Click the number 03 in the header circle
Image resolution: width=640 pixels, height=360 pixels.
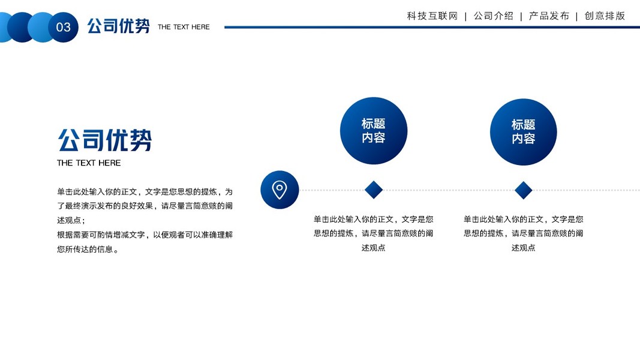click(x=63, y=27)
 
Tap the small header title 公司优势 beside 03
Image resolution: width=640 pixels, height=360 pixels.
click(x=118, y=26)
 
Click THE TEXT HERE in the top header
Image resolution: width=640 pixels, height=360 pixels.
click(x=184, y=27)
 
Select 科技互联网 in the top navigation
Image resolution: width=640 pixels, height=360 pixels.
click(x=432, y=16)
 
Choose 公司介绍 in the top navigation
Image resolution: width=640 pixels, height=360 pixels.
click(x=493, y=16)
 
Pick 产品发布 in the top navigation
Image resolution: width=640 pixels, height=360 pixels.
click(x=549, y=16)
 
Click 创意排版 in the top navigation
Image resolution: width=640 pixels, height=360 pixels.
click(x=605, y=16)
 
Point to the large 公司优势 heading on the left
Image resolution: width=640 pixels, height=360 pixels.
click(x=105, y=140)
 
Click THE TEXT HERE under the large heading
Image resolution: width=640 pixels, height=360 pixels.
click(x=89, y=163)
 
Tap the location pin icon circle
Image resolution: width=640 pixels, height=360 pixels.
click(x=280, y=190)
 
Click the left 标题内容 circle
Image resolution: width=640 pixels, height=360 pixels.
click(x=373, y=131)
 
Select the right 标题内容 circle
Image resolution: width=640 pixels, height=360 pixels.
click(x=523, y=131)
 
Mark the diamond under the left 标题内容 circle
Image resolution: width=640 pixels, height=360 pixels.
click(x=374, y=190)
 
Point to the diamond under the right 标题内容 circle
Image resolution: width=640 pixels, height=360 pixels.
click(x=523, y=190)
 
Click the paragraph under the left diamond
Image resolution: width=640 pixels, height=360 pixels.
click(x=373, y=233)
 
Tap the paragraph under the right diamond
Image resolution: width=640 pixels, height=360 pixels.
click(x=523, y=233)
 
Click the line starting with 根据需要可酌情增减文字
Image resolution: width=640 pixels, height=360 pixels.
click(x=145, y=235)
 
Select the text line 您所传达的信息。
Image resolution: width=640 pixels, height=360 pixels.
click(x=88, y=249)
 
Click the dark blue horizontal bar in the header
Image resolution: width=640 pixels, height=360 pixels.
click(x=420, y=27)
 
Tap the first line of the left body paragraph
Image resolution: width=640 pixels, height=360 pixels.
click(x=145, y=192)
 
